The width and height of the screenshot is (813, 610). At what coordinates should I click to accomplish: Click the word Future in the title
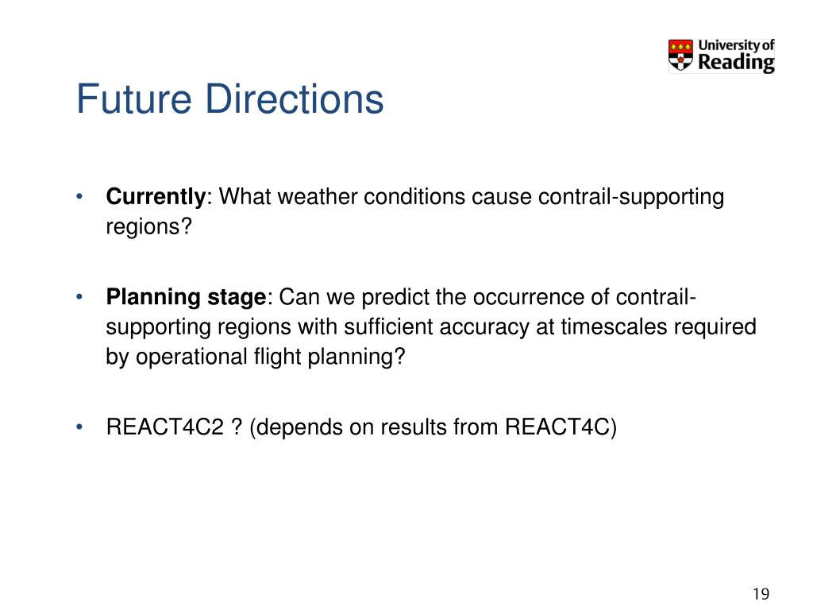point(133,98)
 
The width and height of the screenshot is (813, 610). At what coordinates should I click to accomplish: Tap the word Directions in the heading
point(295,98)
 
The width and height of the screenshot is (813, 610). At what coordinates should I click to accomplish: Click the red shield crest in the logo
point(680,55)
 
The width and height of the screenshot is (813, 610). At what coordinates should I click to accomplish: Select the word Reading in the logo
point(736,62)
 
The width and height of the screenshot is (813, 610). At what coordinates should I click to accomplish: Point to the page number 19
point(761,593)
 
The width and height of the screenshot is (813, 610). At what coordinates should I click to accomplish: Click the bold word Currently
point(156,197)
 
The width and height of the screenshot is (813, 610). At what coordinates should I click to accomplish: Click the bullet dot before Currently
point(79,197)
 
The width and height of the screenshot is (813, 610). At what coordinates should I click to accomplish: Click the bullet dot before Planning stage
point(79,297)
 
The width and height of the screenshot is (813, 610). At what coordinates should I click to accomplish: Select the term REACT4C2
point(165,427)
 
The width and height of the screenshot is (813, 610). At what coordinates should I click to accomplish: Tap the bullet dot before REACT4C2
point(79,427)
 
